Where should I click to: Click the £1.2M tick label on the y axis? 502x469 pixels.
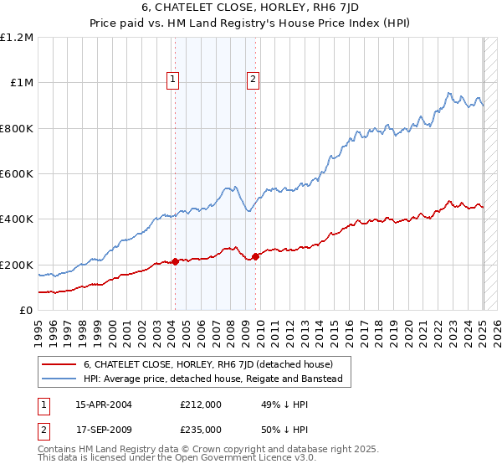tap(17, 38)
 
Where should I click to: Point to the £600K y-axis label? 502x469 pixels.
tap(17, 174)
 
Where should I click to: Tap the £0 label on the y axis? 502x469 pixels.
tap(26, 310)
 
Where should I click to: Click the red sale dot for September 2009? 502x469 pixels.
tap(255, 257)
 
